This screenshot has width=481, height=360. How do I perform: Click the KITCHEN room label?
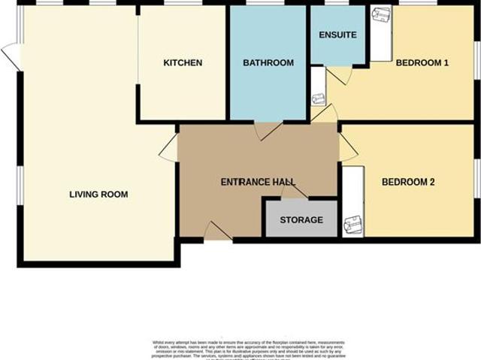pyautogui.click(x=183, y=63)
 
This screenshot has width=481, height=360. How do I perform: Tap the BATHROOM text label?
pyautogui.click(x=268, y=63)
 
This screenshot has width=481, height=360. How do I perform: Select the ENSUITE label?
pyautogui.click(x=337, y=35)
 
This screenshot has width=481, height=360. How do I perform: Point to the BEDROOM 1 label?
pyautogui.click(x=422, y=63)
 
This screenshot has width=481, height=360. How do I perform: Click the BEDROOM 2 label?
pyautogui.click(x=408, y=182)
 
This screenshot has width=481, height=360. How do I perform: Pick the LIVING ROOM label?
pyautogui.click(x=98, y=195)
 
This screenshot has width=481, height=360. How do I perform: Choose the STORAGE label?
pyautogui.click(x=301, y=220)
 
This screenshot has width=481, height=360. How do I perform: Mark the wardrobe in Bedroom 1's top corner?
pyautogui.click(x=381, y=33)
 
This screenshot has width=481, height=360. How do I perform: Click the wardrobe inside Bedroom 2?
pyautogui.click(x=352, y=201)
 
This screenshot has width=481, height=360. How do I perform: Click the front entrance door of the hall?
pyautogui.click(x=218, y=231)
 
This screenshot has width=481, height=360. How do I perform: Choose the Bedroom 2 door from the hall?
pyautogui.click(x=348, y=147)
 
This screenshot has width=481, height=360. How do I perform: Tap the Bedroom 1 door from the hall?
pyautogui.click(x=325, y=113)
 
